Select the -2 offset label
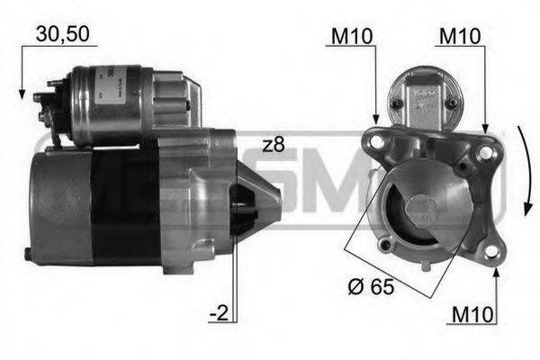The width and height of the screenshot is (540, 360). pos(218,315)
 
